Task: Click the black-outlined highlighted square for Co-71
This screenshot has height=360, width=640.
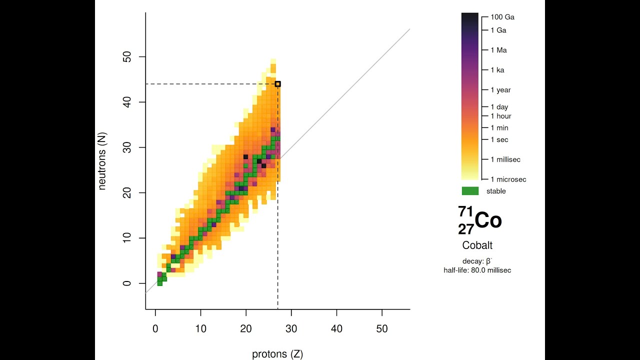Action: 278,84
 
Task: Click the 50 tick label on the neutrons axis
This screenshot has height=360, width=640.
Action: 127,57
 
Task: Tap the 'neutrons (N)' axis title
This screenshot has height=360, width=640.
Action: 102,161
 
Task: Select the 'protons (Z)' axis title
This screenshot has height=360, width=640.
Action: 277,354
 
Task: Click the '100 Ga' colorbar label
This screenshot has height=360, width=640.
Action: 502,17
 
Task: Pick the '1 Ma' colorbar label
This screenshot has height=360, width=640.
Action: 498,50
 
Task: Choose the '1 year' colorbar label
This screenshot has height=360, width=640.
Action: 500,90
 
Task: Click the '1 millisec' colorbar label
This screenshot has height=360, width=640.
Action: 505,159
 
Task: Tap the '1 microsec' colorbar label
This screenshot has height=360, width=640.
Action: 508,179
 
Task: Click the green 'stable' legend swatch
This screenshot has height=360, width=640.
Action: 470,191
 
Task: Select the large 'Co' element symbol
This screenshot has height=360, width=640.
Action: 488,220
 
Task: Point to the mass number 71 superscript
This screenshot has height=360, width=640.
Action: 465,212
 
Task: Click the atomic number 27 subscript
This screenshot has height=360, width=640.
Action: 465,229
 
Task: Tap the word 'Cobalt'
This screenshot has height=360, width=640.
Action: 477,245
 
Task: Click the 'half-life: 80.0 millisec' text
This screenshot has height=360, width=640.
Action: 477,270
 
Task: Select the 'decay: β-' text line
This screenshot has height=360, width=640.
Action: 477,261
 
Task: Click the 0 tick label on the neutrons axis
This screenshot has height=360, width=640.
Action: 127,283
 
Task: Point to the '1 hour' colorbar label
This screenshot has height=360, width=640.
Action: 500,116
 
